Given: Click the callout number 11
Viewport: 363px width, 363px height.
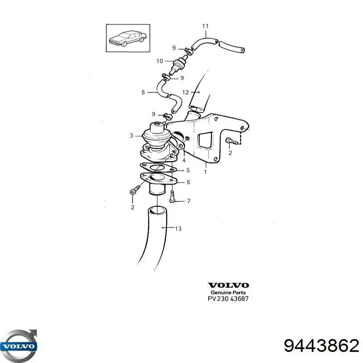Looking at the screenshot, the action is point(206,26).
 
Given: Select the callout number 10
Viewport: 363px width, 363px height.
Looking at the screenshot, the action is point(160,61).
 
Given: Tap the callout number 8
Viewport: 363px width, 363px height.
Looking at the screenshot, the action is point(143,93).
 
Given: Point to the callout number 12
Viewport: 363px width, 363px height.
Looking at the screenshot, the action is point(186,93).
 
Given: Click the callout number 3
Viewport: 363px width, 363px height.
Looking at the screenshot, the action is point(131,136).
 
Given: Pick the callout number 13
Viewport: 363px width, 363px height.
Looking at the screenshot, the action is point(178,229).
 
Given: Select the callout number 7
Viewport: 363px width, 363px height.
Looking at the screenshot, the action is point(188,201).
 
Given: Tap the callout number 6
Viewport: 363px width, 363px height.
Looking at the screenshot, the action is point(188,182).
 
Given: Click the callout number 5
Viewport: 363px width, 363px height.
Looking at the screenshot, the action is point(188,170).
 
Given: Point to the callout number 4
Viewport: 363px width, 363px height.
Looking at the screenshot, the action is point(184,160).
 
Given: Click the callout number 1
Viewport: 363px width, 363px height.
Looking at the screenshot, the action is point(206,172).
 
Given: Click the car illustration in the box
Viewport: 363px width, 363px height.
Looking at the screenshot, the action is point(128,38).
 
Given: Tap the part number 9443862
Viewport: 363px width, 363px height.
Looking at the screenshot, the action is point(322,346).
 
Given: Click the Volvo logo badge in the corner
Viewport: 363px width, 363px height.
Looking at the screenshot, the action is point(19,346).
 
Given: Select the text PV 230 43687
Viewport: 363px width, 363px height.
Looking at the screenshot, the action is point(228,299).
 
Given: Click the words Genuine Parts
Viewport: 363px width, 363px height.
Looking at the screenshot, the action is point(228,292).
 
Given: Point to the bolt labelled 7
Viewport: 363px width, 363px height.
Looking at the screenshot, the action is point(172,196).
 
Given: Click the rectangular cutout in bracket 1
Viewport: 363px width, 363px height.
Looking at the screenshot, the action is point(205,140).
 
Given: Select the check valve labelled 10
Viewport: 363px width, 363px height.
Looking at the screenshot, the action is point(179,64).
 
